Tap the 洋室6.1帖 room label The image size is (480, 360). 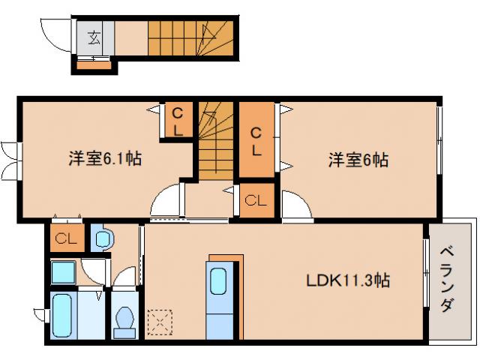pos(106,159)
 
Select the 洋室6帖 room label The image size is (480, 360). pos(358,160)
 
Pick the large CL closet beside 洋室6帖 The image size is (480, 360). pos(256,140)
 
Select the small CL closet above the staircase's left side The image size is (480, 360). pos(177,120)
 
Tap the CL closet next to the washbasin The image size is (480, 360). pos(65,240)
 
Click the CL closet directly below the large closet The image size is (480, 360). pos(256,201)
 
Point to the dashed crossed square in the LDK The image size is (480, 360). pos(159,322)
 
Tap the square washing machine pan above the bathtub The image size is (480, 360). pos(64,271)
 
